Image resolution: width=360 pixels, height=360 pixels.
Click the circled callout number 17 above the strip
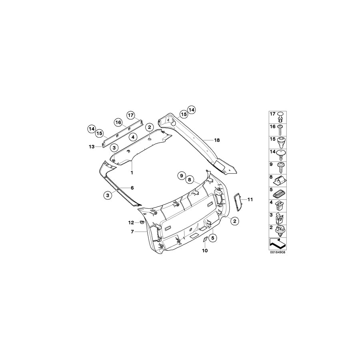131,115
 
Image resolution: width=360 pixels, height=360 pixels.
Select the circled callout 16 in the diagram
118,122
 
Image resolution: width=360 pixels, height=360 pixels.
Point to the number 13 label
91,147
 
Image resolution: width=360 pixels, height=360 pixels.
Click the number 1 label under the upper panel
131,172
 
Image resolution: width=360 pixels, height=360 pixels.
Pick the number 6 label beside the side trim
132,188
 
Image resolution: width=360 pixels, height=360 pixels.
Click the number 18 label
217,140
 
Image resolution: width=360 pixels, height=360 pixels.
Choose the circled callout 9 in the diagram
182,176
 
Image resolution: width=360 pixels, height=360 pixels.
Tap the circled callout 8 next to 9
190,180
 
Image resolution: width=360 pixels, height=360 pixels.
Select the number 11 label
251,199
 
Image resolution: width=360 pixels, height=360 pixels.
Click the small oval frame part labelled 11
238,201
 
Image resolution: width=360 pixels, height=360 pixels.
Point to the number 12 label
131,222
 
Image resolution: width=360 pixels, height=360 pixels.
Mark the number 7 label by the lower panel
132,232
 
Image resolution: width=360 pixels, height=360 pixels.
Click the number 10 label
205,251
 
